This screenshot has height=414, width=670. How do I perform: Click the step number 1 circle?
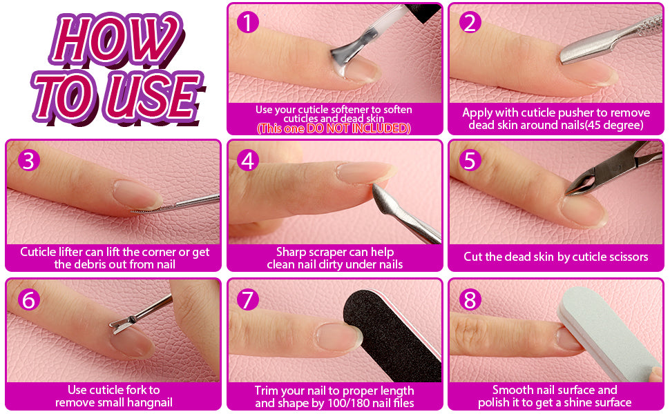pyautogui.click(x=248, y=22)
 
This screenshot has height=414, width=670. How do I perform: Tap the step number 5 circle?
pyautogui.click(x=470, y=161)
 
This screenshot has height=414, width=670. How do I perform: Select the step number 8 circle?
pyautogui.click(x=470, y=299)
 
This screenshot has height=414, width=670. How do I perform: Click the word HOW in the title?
pyautogui.click(x=116, y=39)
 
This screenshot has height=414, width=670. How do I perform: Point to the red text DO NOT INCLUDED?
pyautogui.click(x=358, y=128)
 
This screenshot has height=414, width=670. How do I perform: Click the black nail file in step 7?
pyautogui.click(x=392, y=336)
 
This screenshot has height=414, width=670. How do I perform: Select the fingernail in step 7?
pyautogui.click(x=338, y=337)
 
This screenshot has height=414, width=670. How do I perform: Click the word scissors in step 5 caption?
pyautogui.click(x=627, y=257)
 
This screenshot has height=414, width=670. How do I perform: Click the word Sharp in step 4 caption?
pyautogui.click(x=291, y=253)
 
